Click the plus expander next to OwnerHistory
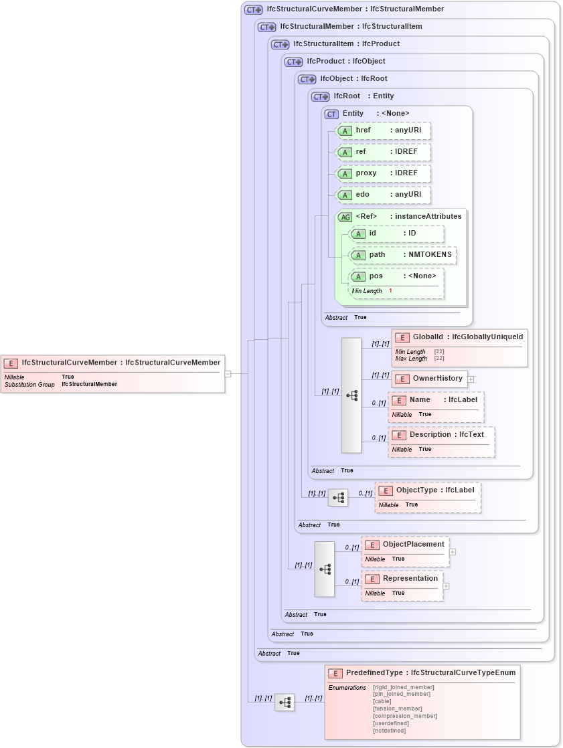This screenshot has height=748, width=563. pos(471,379)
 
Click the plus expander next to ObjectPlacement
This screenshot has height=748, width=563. pos(453,552)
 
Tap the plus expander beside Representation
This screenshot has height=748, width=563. pos(446,586)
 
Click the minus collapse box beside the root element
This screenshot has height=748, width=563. pos(228,374)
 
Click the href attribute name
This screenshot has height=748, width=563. pos(363,130)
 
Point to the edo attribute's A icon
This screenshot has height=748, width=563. pos(345,195)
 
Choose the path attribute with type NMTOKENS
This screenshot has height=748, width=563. pos(377,255)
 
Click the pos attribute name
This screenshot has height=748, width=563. pos(376,276)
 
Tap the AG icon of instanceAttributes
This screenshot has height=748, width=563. pos(345,217)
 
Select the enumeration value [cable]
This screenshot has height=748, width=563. pos(382,701)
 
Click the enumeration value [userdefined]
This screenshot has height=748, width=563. pos(389,723)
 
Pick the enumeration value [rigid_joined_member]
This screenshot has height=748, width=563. pos(403,687)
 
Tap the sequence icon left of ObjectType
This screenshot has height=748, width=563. pos(338,498)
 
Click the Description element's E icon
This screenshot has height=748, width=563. pos(398,435)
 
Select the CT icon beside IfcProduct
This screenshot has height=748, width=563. pos(293,62)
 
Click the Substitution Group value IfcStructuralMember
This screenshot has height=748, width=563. pos(89,385)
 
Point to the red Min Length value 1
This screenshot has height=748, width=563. pos(390,291)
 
